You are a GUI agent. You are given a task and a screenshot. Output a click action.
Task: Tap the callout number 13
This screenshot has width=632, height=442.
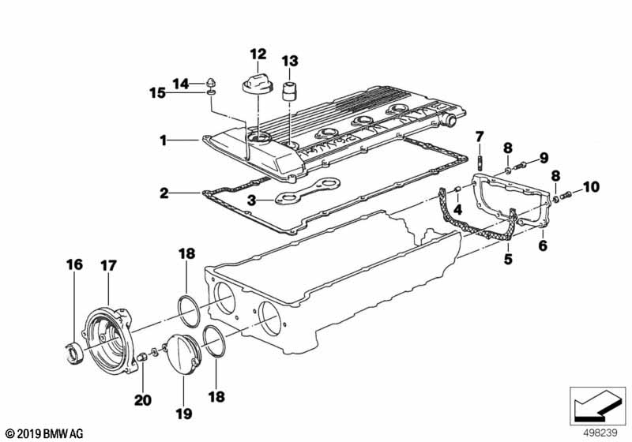[290, 61]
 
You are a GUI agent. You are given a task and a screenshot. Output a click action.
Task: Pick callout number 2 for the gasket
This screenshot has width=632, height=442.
[162, 192]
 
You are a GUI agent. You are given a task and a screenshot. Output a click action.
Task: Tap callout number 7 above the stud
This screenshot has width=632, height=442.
[478, 139]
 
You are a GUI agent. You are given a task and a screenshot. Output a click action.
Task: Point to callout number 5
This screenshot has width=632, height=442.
[509, 258]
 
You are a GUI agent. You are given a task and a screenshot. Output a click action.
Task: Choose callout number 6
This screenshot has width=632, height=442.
[543, 246]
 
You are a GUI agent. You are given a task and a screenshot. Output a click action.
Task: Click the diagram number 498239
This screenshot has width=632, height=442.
[598, 433]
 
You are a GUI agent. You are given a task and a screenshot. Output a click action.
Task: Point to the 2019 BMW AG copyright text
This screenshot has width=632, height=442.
[38, 433]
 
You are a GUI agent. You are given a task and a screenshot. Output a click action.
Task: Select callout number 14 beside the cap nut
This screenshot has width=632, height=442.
[181, 83]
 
